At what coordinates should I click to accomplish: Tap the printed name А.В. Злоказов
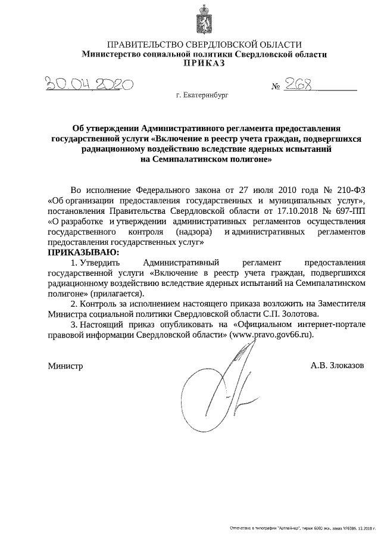point(336,364)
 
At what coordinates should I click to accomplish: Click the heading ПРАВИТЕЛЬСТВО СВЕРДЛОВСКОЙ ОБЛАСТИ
point(204,45)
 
